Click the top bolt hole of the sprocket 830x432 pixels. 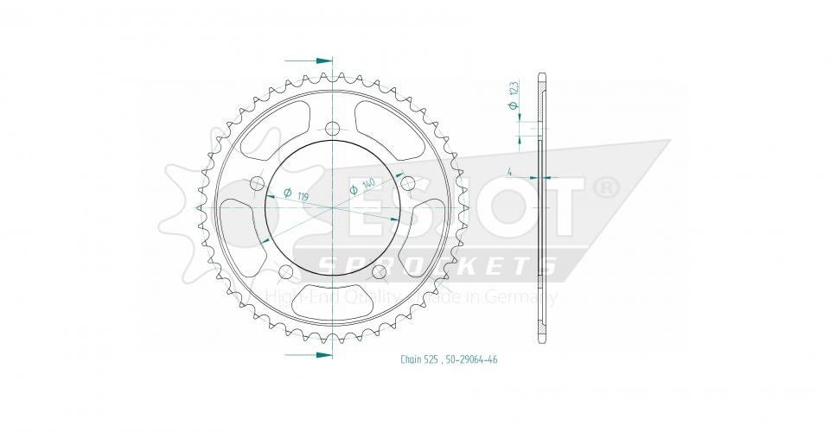tap(333, 130)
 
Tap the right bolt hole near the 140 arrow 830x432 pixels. tap(408, 184)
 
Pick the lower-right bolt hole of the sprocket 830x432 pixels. tap(379, 273)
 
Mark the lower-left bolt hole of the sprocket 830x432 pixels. tap(285, 273)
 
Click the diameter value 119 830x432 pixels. tap(303, 198)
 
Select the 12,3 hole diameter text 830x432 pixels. tap(513, 88)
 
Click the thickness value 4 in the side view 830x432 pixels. tap(512, 172)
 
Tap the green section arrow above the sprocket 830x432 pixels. tap(322, 61)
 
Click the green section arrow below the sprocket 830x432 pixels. tap(322, 354)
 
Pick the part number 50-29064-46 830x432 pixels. tap(471, 360)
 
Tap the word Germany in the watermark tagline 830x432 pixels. tap(528, 298)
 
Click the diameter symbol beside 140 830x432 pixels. tap(354, 188)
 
